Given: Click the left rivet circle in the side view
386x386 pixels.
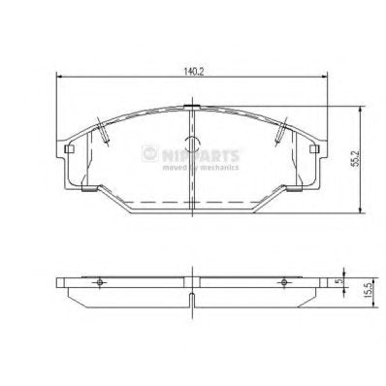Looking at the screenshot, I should tap(101, 281).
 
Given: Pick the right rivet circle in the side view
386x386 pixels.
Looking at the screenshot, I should tap(283, 281).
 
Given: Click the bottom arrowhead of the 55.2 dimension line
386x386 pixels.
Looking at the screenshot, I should tap(362, 211).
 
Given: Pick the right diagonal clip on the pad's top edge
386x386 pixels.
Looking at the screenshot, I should tap(282, 128).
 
